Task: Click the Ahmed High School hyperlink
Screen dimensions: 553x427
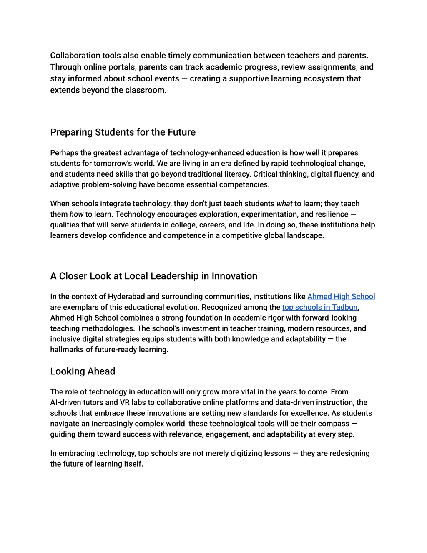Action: coord(341,297)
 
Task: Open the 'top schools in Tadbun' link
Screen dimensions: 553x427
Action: coord(319,307)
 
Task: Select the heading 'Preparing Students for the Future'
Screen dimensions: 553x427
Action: coord(123,132)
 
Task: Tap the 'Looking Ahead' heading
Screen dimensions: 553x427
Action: coord(83,371)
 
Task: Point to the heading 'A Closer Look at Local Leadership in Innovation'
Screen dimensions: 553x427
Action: coord(153,276)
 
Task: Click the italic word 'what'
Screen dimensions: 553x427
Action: coord(284,204)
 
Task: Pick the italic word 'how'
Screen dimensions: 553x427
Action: coord(76,215)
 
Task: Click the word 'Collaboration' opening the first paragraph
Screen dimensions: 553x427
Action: coord(75,56)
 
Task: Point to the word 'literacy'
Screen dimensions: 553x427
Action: coord(234,174)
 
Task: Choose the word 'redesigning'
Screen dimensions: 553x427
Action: coord(349,454)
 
